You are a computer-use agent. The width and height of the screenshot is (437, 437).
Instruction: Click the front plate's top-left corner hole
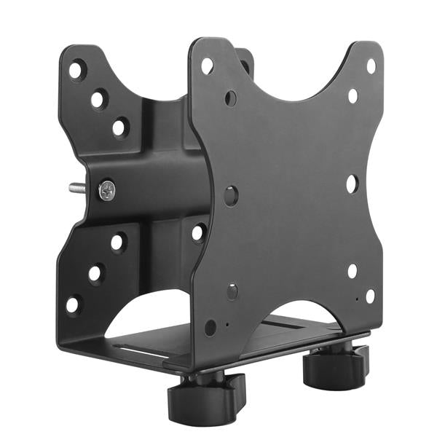click(x=208, y=66)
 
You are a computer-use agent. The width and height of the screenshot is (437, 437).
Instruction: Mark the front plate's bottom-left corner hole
click(x=210, y=327)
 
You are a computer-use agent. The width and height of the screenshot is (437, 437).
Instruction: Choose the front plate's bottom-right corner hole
click(x=370, y=296)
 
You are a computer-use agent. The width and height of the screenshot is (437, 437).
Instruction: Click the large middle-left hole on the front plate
click(x=231, y=195)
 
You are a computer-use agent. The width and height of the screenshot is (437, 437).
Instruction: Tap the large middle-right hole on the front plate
click(x=352, y=184)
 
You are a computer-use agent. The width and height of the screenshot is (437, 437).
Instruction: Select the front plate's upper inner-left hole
click(x=231, y=97)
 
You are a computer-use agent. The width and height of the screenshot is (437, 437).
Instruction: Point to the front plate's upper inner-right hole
click(x=353, y=95)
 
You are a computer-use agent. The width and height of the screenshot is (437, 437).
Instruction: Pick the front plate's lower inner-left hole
click(x=232, y=291)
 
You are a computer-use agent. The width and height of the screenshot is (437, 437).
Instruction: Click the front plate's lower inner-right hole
click(x=353, y=271)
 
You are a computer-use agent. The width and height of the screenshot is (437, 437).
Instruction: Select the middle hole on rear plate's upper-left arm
click(x=98, y=98)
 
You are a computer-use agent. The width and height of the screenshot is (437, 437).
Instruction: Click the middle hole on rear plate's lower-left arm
click(x=95, y=273)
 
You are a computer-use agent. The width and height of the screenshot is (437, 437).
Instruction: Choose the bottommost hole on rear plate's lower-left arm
click(x=74, y=303)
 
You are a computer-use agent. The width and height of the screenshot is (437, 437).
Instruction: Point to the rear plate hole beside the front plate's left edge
click(x=197, y=233)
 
